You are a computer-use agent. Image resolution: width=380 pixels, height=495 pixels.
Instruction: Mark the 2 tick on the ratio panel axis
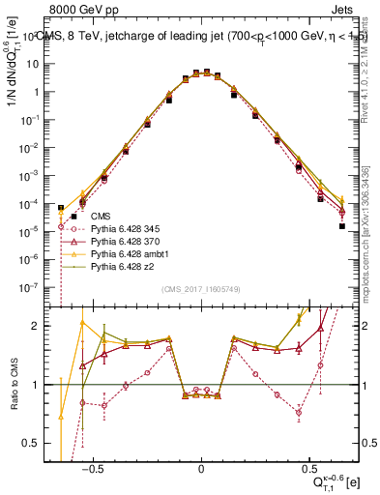click(x=44, y=326)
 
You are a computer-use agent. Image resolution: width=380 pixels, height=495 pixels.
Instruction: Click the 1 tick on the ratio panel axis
click(x=44, y=385)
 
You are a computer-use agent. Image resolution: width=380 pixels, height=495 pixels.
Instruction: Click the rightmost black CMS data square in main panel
click(x=341, y=226)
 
